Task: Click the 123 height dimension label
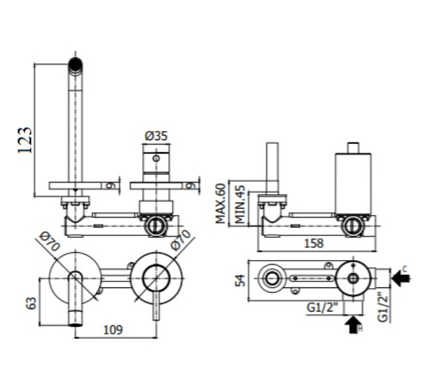(25, 140)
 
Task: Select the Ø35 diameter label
(156, 136)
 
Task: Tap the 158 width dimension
(314, 244)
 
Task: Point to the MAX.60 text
(220, 203)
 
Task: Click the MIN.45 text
(240, 205)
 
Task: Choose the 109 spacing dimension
(113, 330)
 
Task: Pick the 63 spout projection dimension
(31, 303)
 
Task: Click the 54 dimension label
(241, 281)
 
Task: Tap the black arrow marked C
(401, 278)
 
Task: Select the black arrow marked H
(353, 325)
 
